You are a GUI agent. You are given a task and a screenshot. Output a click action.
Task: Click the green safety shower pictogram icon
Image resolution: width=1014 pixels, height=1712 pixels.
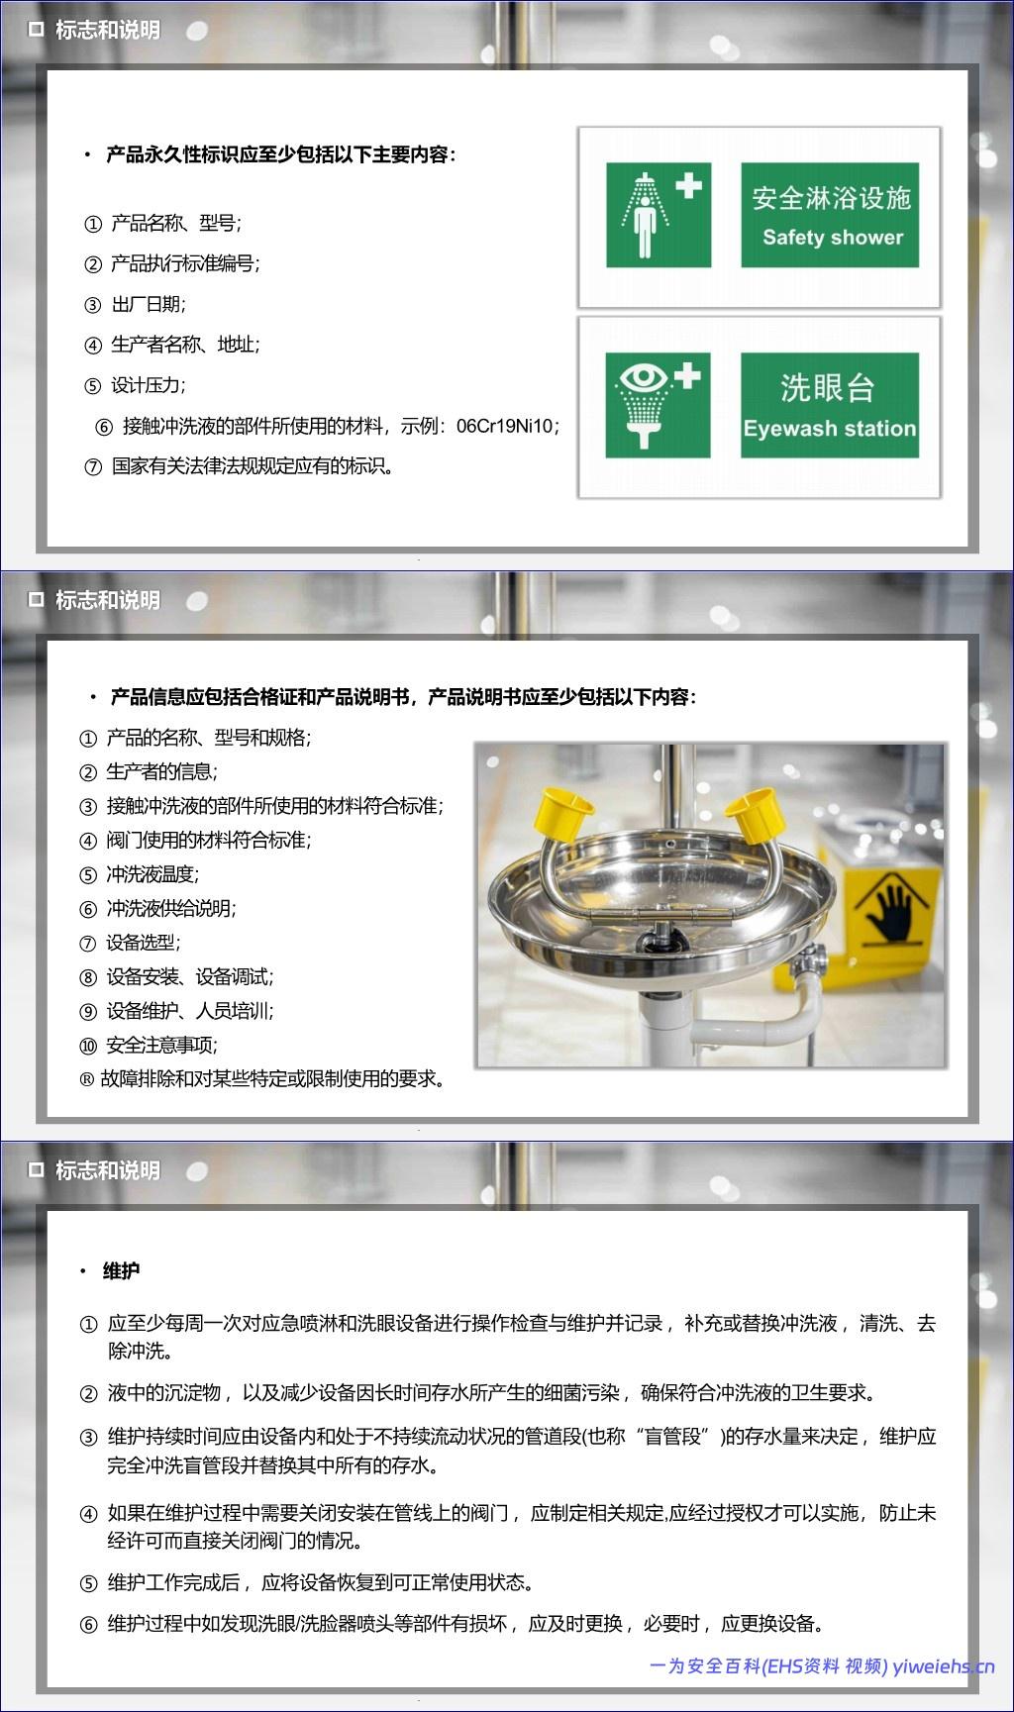coord(659,215)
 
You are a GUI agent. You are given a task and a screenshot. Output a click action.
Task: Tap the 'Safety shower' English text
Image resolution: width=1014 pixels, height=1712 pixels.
coord(833,238)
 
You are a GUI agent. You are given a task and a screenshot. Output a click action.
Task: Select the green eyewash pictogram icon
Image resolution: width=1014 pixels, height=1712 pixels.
coord(659,406)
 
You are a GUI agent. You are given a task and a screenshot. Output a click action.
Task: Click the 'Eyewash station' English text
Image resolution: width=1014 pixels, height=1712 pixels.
coord(830,429)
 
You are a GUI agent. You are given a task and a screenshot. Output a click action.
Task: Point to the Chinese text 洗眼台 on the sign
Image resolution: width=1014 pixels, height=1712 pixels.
coord(829,387)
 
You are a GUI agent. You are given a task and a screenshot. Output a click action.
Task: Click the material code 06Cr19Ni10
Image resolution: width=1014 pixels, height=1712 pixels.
coord(504,427)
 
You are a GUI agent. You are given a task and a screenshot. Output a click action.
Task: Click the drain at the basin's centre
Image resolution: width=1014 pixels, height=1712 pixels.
coord(656,938)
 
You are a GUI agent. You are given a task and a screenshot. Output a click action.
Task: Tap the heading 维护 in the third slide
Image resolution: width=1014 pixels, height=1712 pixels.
coord(121,1270)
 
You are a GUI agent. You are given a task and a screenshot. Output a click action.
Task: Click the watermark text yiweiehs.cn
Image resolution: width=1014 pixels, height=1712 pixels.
coord(944,1666)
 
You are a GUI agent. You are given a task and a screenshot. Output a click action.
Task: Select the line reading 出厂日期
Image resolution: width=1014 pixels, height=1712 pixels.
coord(149,304)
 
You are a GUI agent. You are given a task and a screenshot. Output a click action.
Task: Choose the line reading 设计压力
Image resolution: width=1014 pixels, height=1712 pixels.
coord(149,385)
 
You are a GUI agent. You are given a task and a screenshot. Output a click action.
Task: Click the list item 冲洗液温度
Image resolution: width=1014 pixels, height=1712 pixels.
coord(152,874)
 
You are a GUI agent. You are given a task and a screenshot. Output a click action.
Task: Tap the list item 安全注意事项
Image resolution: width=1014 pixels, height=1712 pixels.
coord(161,1045)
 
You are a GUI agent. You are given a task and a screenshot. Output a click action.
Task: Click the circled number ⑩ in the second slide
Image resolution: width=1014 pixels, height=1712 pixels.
coord(88,1046)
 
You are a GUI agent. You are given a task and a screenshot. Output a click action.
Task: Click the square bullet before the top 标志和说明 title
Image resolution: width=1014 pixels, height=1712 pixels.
coord(37,31)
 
